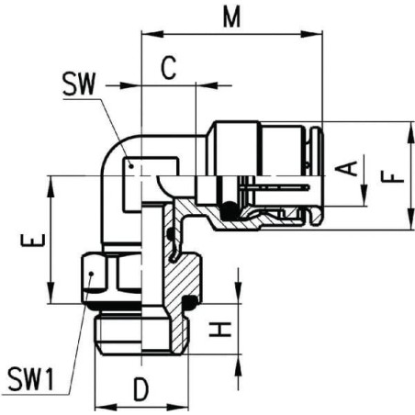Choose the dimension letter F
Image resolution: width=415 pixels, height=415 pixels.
click(x=393, y=174)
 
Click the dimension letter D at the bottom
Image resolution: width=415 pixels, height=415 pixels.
click(x=140, y=389)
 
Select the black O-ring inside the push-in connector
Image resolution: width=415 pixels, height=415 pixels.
click(x=225, y=211)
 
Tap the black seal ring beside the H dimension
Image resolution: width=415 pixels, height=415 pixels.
click(x=192, y=302)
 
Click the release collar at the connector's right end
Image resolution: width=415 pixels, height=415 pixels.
click(x=317, y=174)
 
